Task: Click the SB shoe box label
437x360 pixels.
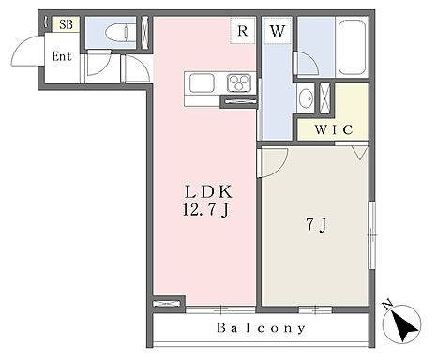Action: [x=66, y=24]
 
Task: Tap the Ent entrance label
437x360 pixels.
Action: [x=62, y=56]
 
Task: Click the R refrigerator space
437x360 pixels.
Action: [x=243, y=31]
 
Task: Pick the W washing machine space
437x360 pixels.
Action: [x=278, y=31]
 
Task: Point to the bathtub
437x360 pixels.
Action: [x=352, y=47]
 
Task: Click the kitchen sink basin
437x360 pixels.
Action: [x=202, y=83]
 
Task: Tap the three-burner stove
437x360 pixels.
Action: [x=239, y=83]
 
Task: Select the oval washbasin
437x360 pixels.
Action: [x=306, y=98]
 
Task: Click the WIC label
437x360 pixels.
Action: [x=334, y=129]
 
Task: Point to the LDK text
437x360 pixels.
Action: [x=208, y=192]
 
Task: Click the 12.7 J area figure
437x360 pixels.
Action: [x=206, y=210]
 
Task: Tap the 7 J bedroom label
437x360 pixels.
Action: [x=316, y=224]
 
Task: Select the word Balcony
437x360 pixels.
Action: [x=261, y=328]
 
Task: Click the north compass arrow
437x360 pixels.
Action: [x=405, y=327]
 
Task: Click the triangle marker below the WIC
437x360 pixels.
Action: [x=360, y=153]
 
